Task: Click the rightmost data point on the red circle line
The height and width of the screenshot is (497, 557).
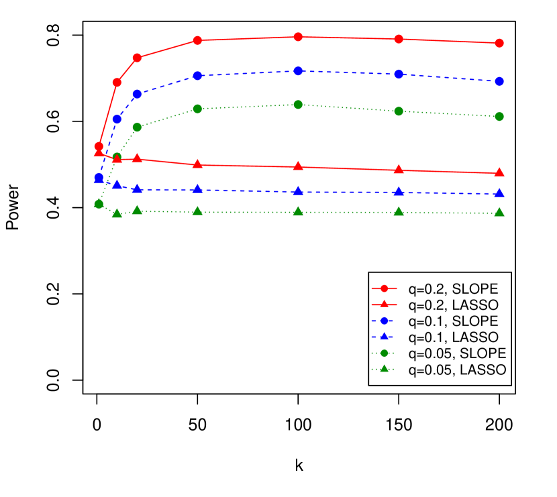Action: [x=499, y=43]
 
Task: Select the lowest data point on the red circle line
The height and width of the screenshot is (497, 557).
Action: [x=99, y=146]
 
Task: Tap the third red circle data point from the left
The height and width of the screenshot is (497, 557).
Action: [x=137, y=58]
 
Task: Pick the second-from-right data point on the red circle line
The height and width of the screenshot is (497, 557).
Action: [x=399, y=39]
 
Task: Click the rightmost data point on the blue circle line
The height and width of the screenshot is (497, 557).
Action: [x=499, y=81]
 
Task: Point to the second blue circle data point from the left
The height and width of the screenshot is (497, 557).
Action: [x=117, y=119]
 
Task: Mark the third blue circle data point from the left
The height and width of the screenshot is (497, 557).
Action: [x=137, y=94]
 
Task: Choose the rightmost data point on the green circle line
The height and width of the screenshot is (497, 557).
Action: [x=499, y=117]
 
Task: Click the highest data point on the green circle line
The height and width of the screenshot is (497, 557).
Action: [x=298, y=105]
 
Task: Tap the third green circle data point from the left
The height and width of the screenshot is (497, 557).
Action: [x=137, y=127]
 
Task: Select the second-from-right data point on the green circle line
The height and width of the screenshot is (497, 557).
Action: [x=399, y=111]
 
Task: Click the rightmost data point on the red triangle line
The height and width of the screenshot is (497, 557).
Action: [x=499, y=172]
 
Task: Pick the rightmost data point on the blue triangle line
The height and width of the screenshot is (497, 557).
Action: [x=499, y=194]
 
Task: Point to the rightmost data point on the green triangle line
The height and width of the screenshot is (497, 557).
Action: [x=499, y=213]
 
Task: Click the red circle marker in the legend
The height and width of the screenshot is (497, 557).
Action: [x=384, y=288]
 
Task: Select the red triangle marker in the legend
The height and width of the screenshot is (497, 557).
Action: [x=384, y=305]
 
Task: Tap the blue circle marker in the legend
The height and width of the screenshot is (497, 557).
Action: [x=384, y=321]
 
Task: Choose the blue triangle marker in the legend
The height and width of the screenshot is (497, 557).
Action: [x=384, y=337]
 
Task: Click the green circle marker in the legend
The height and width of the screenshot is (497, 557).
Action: [x=384, y=353]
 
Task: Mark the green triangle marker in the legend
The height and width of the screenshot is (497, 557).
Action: [x=384, y=369]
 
